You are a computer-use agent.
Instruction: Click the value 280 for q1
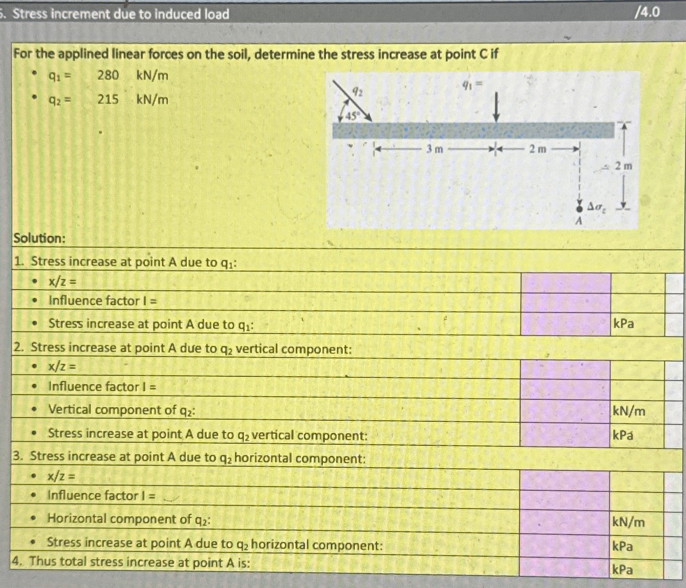[108, 75]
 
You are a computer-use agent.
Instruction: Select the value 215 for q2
[108, 99]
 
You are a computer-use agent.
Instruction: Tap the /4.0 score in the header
[647, 12]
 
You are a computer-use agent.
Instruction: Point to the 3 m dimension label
[434, 149]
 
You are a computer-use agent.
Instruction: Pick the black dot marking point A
[579, 207]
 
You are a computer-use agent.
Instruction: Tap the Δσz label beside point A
[597, 207]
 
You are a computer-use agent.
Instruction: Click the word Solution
[39, 238]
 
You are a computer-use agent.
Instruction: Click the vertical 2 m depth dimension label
[623, 166]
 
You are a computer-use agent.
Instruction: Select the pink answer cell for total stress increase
[564, 567]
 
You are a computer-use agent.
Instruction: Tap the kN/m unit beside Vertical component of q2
[629, 411]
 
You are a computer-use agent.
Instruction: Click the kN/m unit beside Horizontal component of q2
[628, 522]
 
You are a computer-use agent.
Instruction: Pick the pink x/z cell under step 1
[566, 282]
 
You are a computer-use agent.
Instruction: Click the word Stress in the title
[30, 14]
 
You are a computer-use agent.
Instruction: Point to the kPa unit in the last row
[623, 569]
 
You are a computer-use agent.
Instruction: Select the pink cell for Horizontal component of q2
[565, 522]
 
